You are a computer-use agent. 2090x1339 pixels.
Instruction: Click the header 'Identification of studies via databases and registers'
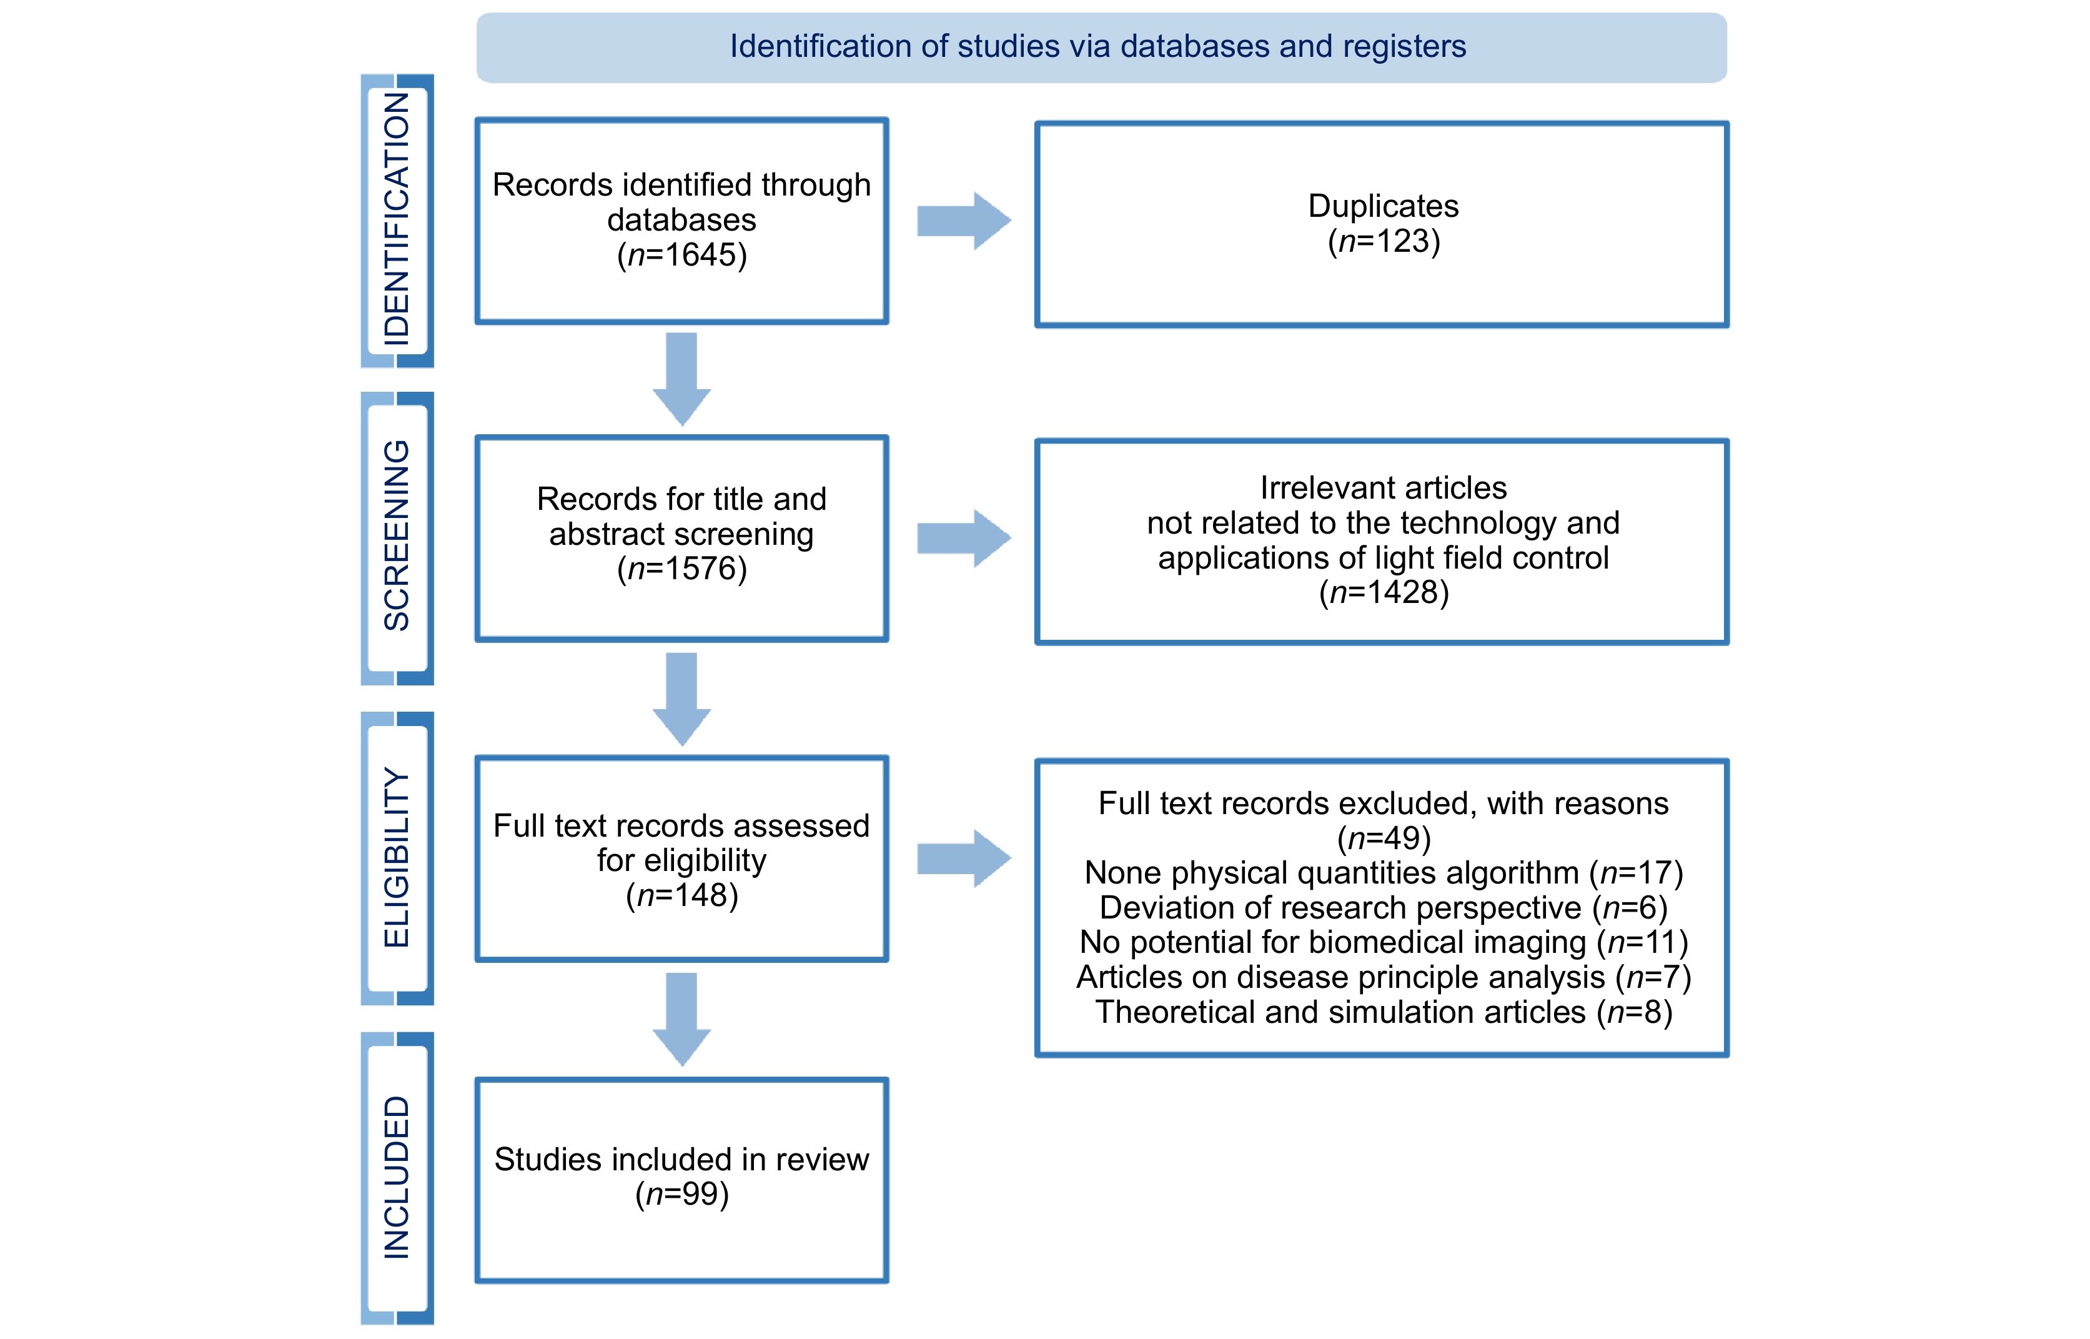(x=1097, y=46)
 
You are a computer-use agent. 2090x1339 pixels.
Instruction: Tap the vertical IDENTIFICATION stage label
(x=396, y=219)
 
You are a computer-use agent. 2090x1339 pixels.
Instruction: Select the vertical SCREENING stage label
(x=396, y=535)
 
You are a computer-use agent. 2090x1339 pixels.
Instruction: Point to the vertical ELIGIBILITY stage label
(x=396, y=857)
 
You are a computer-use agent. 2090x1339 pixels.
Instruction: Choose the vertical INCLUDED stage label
(x=396, y=1177)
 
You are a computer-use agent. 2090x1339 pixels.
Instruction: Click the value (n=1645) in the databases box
(x=681, y=255)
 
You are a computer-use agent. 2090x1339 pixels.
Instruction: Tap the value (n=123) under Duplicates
(x=1383, y=241)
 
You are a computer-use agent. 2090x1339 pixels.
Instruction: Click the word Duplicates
(x=1383, y=206)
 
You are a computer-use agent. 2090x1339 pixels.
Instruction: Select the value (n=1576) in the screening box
(x=681, y=569)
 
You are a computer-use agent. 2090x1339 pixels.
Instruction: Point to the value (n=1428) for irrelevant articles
(x=1383, y=592)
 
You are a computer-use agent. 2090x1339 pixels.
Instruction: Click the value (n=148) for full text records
(x=681, y=895)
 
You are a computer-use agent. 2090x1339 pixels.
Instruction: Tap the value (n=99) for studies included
(x=681, y=1194)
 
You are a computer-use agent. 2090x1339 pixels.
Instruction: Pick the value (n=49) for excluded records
(x=1383, y=838)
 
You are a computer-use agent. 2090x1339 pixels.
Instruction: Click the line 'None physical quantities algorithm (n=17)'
(x=1383, y=872)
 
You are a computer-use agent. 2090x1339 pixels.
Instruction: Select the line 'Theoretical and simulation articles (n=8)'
(x=1383, y=1012)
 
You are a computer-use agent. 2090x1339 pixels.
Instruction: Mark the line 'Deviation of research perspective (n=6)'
(x=1383, y=908)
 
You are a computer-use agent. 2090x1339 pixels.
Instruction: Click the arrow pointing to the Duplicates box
(x=964, y=221)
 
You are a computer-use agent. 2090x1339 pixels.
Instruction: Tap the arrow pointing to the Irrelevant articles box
(x=964, y=538)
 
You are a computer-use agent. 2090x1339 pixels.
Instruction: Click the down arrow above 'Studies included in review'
(x=681, y=1019)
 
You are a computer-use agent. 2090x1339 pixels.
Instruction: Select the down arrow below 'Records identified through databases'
(x=681, y=379)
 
